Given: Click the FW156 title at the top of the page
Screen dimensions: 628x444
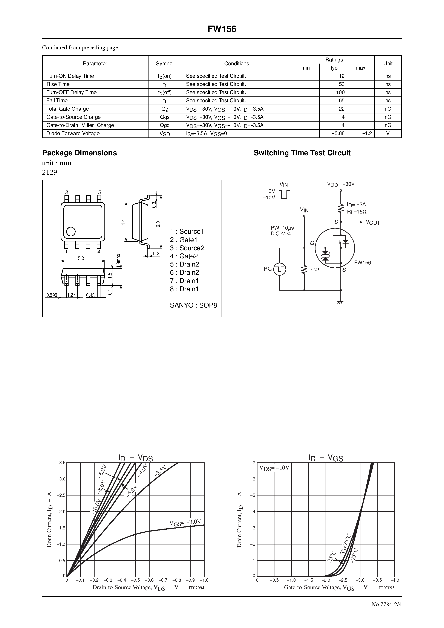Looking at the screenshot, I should (x=222, y=29).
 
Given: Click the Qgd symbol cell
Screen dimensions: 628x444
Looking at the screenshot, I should (x=165, y=125).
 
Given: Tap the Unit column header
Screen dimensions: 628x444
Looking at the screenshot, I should (x=388, y=63).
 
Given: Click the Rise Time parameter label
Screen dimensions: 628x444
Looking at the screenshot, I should (x=58, y=84).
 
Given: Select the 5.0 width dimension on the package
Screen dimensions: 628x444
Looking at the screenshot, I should (x=81, y=258).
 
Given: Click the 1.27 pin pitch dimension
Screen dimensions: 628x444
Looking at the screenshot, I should (x=71, y=295).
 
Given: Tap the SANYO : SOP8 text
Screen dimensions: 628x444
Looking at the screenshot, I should (x=193, y=305).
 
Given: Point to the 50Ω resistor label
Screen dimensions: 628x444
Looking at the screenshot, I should (x=314, y=269).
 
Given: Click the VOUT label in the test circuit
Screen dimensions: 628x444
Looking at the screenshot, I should (x=373, y=223).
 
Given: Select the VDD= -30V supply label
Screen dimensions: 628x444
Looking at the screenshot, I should (x=341, y=184).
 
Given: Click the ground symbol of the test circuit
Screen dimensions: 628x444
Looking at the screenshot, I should (x=340, y=303).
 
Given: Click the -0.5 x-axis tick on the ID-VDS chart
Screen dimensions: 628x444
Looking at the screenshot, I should (x=135, y=580).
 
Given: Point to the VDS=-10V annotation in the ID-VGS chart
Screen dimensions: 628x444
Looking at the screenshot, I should (x=274, y=468).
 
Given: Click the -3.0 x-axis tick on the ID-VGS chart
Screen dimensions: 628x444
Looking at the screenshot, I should (x=360, y=580).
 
